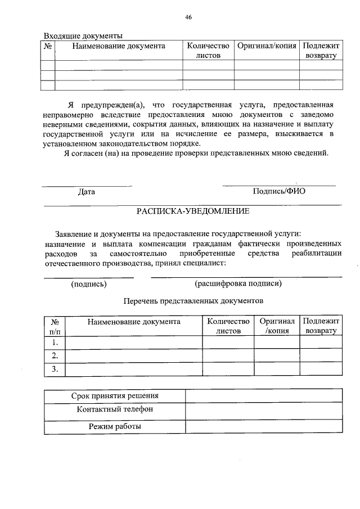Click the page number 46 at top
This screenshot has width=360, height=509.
188,17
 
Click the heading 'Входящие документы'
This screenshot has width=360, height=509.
83,36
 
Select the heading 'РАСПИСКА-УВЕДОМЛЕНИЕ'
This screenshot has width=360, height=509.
193,211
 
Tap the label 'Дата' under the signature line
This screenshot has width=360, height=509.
87,192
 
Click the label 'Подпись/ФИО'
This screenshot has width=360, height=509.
279,191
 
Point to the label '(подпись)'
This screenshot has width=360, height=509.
89,283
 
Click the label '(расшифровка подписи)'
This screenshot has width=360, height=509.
238,283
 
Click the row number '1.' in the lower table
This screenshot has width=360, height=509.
55,342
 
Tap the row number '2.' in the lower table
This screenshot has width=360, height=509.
55,355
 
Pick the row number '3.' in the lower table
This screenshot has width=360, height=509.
55,369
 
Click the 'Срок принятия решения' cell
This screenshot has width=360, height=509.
115,396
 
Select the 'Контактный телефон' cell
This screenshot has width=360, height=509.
115,409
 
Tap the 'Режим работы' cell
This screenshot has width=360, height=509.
115,426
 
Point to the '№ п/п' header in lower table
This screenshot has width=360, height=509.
55,326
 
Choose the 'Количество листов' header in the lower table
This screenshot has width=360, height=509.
228,326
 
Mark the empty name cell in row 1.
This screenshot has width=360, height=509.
133,342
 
